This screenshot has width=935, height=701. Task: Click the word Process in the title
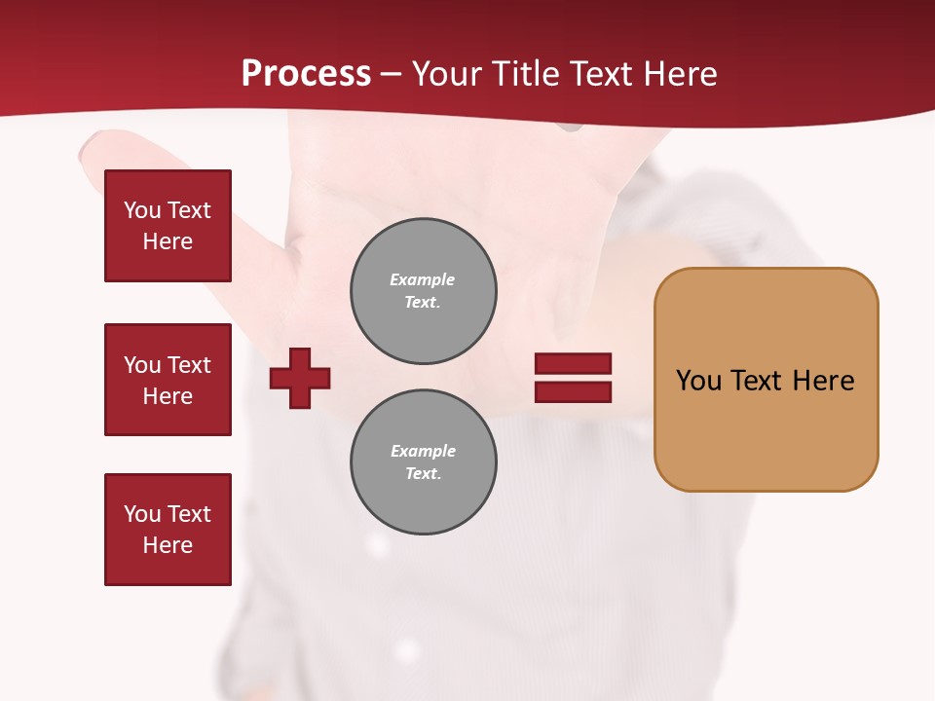click(x=306, y=74)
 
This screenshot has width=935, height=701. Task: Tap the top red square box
click(x=168, y=226)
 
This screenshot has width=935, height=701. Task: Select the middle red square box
click(x=168, y=380)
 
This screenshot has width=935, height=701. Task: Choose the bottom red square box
click(x=168, y=530)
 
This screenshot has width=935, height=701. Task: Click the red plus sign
click(x=300, y=378)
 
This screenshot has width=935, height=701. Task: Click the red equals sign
click(x=573, y=378)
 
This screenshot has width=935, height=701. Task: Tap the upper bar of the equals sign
click(x=573, y=364)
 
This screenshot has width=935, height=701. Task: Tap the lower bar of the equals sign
click(x=573, y=391)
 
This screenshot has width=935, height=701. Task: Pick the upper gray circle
click(x=423, y=291)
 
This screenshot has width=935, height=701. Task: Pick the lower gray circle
click(x=423, y=462)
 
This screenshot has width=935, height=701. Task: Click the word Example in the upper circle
click(x=423, y=279)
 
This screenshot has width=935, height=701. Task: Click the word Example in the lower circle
click(x=423, y=451)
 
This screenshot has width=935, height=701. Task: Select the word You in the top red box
click(x=142, y=210)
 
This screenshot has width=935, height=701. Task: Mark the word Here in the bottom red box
click(x=168, y=545)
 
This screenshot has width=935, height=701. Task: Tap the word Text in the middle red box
click(x=188, y=365)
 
